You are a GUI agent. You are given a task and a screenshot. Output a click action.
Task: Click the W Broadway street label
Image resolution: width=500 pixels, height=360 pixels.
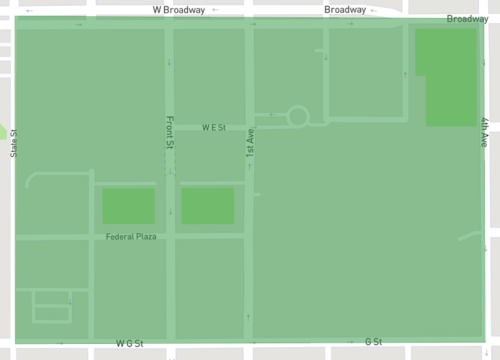pos(179,9)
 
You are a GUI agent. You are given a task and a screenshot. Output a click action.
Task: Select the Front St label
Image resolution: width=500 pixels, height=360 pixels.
pos(170,133)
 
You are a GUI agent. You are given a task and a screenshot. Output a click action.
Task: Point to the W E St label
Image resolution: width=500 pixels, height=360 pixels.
pos(214,128)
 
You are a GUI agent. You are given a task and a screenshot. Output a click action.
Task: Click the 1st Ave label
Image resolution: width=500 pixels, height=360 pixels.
pos(251,146)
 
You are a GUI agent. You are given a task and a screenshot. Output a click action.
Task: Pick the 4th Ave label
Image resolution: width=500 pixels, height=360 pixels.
pos(484,133)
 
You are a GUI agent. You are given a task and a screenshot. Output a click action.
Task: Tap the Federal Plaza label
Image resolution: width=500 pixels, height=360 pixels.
pos(132,236)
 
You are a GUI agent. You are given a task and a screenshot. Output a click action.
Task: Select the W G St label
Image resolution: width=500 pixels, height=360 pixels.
pos(130,344)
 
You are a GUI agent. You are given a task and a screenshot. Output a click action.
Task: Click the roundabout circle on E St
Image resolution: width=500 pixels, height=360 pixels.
pos(298,117)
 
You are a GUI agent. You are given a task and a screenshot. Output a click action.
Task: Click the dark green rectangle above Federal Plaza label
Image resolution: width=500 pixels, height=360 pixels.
pos(128,206)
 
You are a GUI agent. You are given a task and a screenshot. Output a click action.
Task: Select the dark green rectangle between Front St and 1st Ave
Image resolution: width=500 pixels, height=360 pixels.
pos(207,206)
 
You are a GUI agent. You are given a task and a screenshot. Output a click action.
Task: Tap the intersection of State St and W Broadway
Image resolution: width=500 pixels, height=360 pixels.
pos(13,21)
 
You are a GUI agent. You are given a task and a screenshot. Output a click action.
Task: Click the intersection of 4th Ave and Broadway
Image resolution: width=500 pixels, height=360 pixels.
pos(484,21)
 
